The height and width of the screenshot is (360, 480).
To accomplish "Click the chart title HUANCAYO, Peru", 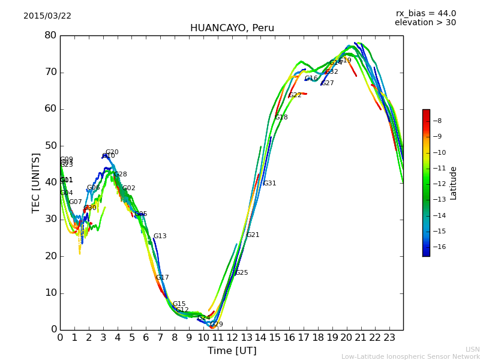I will pyautogui.click(x=232, y=28).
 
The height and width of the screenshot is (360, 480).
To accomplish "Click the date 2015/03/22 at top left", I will pyautogui.click(x=47, y=16).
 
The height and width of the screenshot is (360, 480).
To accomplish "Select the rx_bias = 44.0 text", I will pyautogui.click(x=425, y=13).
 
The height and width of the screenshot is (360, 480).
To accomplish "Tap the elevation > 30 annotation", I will pyautogui.click(x=425, y=23).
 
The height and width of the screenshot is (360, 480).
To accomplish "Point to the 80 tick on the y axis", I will pyautogui.click(x=50, y=35).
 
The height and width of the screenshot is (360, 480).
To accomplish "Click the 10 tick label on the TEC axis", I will pyautogui.click(x=50, y=293).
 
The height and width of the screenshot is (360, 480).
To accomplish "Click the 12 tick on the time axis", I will pyautogui.click(x=232, y=337).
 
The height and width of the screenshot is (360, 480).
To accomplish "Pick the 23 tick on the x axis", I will pyautogui.click(x=389, y=337).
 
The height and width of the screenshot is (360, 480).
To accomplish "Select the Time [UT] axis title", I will pyautogui.click(x=232, y=350).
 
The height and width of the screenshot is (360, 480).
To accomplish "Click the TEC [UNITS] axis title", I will pyautogui.click(x=36, y=182).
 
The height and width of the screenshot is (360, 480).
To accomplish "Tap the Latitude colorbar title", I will pyautogui.click(x=454, y=182).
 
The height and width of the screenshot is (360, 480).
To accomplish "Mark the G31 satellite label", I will pyautogui.click(x=269, y=184).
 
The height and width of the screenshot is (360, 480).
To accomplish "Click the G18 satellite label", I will pyautogui.click(x=281, y=118).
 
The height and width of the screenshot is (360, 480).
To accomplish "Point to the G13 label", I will pyautogui.click(x=160, y=236).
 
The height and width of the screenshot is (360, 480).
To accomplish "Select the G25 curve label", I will pyautogui.click(x=241, y=273).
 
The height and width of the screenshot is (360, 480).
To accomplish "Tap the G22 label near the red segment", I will pyautogui.click(x=295, y=95).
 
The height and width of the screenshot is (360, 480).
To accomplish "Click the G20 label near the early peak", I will pyautogui.click(x=112, y=152).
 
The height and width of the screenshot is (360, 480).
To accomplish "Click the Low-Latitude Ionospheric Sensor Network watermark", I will pyautogui.click(x=410, y=356).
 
